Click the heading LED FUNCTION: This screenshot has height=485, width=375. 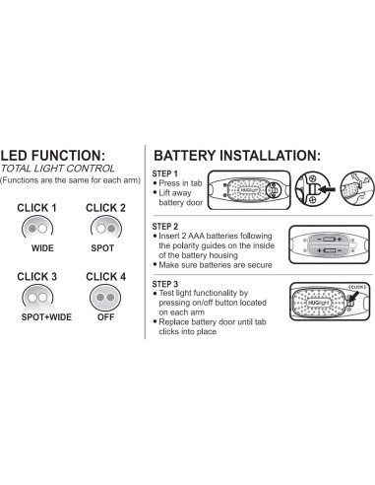tap(66, 155)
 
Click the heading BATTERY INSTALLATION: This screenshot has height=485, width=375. tap(237, 155)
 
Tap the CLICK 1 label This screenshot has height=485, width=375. tap(37, 208)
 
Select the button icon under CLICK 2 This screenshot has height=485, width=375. tap(105, 227)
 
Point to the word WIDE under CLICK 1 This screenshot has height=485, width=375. tap(42, 247)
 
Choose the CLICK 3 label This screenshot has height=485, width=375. tap(37, 277)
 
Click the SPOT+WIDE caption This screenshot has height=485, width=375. tap(41, 317)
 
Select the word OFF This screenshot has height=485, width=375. tap(105, 317)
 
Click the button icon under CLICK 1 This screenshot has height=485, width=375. tap(37, 227)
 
